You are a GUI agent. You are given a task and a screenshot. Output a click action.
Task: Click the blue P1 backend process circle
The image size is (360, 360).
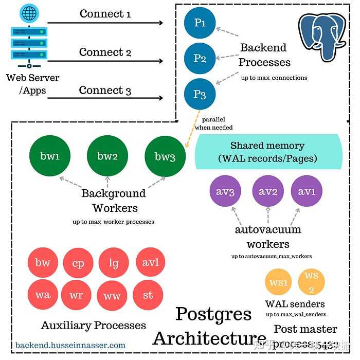coord(200,24)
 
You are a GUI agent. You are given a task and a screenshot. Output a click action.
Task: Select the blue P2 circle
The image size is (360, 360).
coord(200,59)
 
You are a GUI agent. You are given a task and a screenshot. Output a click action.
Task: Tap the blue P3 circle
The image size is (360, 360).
coord(200,95)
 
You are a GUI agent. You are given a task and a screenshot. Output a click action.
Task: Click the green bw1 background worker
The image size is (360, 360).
coord(50,156)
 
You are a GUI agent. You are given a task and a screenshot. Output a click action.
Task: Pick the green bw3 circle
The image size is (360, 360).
coord(165,157)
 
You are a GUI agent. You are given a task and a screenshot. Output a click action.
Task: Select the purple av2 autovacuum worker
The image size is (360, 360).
coord(268,192)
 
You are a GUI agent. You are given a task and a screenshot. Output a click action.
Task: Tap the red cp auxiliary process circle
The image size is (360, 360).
coord(78,263)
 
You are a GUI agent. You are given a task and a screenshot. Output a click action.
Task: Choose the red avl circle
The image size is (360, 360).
coord(150,263)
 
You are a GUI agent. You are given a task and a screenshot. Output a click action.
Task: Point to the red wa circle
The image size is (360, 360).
coord(43,295)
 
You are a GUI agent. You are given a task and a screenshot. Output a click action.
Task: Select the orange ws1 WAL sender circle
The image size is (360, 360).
coord(278,283)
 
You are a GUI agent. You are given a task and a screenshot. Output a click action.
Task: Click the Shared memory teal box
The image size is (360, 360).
coord(267,152)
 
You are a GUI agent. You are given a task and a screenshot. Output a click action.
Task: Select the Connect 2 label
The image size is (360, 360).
coord(105,52)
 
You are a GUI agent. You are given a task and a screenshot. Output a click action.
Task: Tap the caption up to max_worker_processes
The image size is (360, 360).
coord(113,222)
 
